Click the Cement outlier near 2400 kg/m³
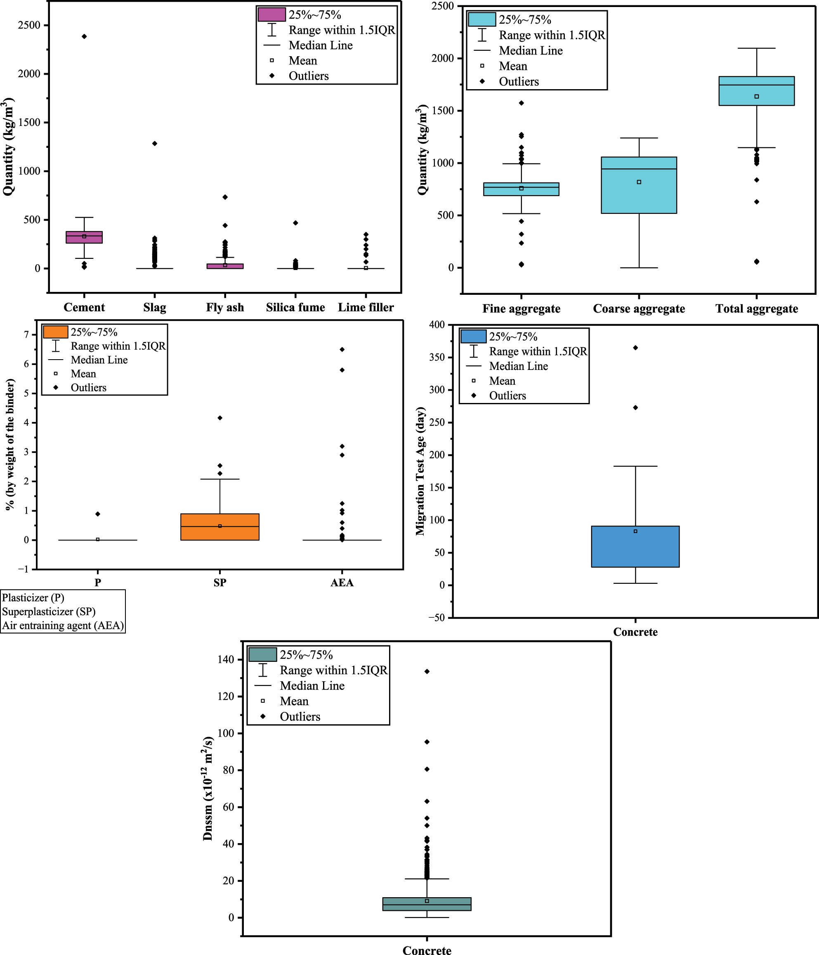(x=84, y=36)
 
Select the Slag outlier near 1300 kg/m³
(x=155, y=143)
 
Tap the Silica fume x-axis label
(x=295, y=308)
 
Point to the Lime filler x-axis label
(x=366, y=308)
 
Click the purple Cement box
(x=84, y=237)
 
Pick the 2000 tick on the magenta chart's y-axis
(x=29, y=74)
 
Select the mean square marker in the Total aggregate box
(x=756, y=96)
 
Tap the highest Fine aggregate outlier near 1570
(x=522, y=103)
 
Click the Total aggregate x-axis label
(x=756, y=309)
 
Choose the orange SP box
(x=220, y=530)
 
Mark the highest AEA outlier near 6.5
(x=342, y=349)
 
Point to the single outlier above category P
(x=98, y=514)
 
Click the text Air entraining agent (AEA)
(x=63, y=626)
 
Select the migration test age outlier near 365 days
(x=636, y=348)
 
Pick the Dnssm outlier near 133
(x=427, y=671)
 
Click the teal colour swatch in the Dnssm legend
(x=262, y=655)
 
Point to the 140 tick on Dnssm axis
(x=226, y=659)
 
